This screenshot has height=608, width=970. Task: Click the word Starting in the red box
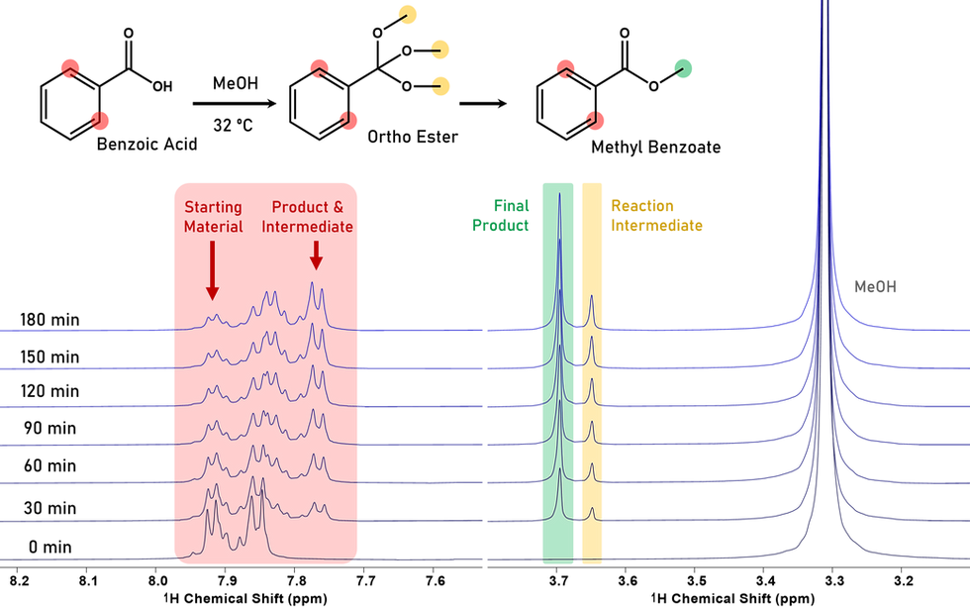point(213,208)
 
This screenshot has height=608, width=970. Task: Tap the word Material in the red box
point(213,227)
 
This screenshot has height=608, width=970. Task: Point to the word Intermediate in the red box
point(308,227)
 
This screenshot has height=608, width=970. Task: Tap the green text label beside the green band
point(502,215)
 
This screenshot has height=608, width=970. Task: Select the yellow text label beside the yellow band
point(655,215)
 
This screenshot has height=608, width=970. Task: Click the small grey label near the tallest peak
point(876,287)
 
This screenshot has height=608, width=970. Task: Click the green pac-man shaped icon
point(683,67)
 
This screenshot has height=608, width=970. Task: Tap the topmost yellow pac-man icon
point(408,14)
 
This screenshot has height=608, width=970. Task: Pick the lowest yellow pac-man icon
point(441,85)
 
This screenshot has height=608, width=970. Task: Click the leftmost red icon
point(70,68)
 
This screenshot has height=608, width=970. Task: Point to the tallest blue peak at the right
point(823,10)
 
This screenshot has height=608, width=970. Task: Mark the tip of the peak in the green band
point(559,195)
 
